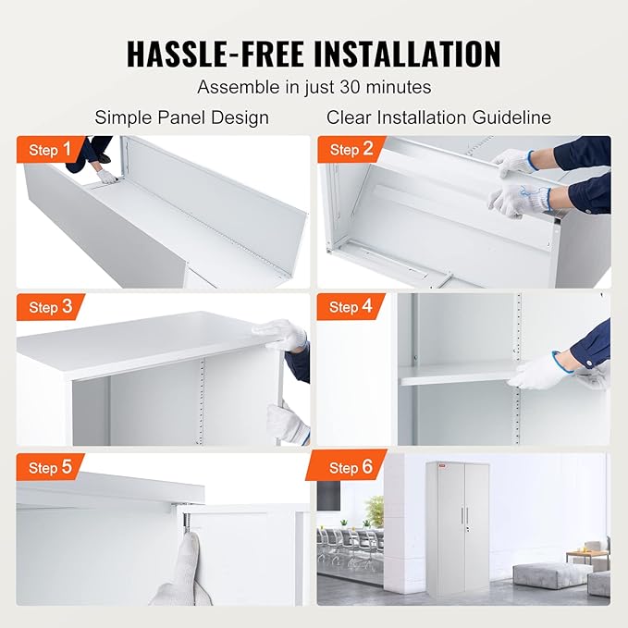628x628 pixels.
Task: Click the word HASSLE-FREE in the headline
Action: click(215, 54)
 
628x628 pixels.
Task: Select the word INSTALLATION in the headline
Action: click(407, 54)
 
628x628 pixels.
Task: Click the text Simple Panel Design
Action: click(182, 117)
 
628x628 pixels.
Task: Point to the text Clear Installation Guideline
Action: click(438, 117)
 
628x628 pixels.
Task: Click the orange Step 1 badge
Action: click(50, 150)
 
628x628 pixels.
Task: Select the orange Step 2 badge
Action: click(351, 150)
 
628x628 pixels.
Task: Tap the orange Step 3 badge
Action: click(50, 307)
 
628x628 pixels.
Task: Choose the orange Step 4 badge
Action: click(351, 307)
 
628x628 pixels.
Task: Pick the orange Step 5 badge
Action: click(50, 467)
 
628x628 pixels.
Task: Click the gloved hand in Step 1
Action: click(107, 177)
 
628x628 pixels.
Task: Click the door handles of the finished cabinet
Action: click(464, 515)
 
